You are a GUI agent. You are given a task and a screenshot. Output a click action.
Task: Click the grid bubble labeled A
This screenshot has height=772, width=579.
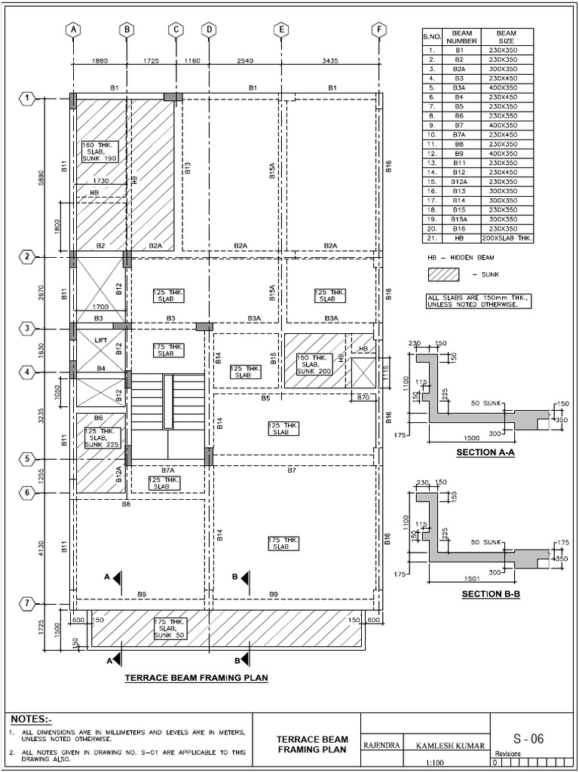coord(73,29)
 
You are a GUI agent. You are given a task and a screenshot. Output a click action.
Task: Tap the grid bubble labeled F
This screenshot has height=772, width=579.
coord(378,29)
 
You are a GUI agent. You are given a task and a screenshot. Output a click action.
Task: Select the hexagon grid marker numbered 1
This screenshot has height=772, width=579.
coord(27,98)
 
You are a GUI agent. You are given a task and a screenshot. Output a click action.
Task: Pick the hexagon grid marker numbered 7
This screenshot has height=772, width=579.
coord(27,604)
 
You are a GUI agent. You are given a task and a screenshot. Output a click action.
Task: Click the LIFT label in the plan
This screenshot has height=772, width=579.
coord(100,341)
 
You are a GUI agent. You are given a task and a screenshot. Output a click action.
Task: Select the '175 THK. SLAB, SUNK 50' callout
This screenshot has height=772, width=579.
coord(170,627)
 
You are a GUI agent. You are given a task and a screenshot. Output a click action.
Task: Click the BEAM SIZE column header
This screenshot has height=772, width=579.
coord(506,38)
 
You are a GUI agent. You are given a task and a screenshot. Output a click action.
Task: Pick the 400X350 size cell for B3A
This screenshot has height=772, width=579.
coord(506,87)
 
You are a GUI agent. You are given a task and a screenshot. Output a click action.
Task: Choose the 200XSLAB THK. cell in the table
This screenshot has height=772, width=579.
coord(506,237)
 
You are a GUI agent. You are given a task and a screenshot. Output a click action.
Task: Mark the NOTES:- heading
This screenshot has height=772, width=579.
coord(35,719)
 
